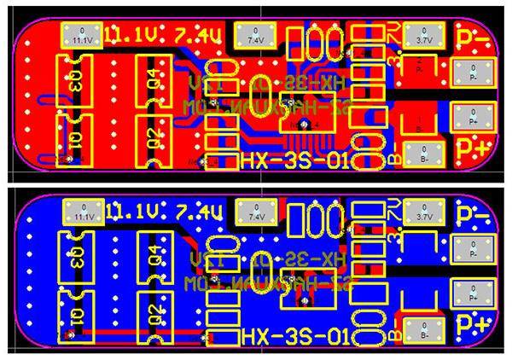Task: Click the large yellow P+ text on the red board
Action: tap(474, 148)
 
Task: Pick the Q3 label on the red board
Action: tap(75, 83)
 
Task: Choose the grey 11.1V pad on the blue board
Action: tap(83, 211)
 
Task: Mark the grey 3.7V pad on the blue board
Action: tap(421, 211)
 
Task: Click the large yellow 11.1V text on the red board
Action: tap(139, 36)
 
